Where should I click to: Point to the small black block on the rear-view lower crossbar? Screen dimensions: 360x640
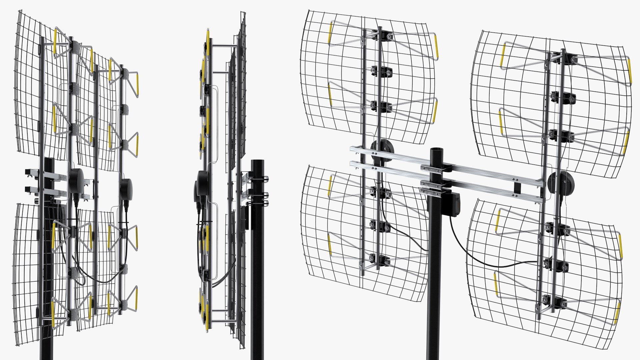coord(517,187)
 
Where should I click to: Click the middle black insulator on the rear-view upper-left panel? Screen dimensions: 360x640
coord(381,71)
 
